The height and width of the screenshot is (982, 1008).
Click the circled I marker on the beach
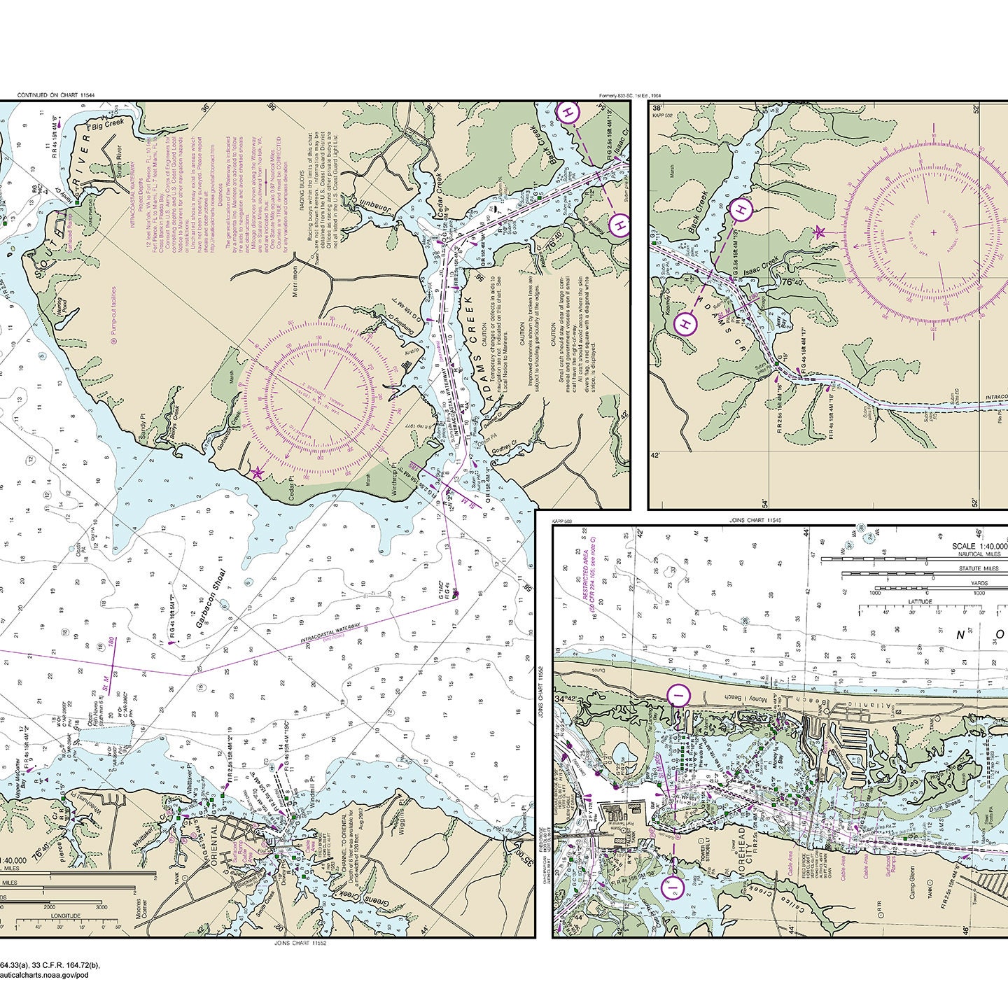[678, 694]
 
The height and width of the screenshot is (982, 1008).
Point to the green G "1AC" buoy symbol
[456, 595]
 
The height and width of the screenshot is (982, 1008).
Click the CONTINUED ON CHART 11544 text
[55, 94]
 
